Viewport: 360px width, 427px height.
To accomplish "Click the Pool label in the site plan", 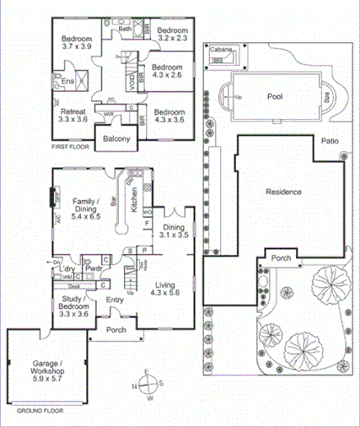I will [275, 96].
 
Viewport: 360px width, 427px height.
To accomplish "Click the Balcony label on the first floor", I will [116, 138].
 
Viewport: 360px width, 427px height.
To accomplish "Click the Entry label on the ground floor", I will [115, 299].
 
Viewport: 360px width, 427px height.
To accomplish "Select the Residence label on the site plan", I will [283, 192].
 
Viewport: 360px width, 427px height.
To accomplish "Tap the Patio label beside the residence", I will [329, 142].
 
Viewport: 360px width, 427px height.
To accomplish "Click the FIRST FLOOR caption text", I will [70, 147].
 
